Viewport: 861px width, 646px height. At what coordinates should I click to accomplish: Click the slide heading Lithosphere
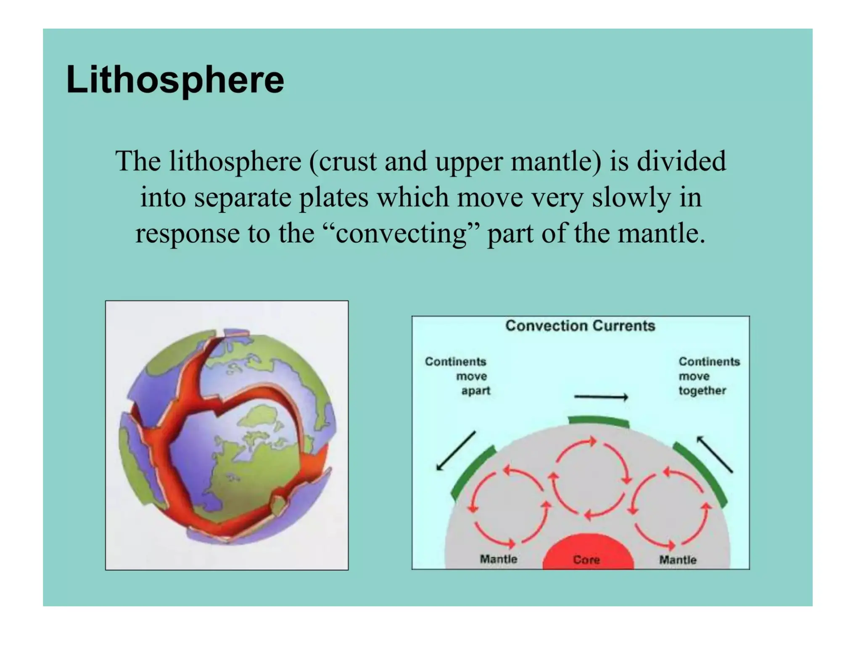tap(175, 80)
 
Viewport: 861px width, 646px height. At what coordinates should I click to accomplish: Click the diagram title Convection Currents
tap(580, 326)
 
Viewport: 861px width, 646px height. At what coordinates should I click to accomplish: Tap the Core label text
tap(586, 560)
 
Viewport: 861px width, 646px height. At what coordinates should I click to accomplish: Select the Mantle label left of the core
tap(499, 559)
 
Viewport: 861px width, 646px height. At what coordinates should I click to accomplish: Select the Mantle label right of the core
tap(678, 560)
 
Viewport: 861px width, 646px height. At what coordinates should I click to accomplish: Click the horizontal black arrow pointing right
tap(601, 397)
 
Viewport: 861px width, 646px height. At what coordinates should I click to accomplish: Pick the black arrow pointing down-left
tap(456, 450)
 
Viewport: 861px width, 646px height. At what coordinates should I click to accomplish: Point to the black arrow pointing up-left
tap(715, 454)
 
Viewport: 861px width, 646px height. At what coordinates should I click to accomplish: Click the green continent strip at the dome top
tap(599, 421)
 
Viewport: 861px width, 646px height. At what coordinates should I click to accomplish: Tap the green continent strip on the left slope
tap(473, 473)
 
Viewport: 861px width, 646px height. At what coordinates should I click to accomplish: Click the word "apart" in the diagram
tap(475, 391)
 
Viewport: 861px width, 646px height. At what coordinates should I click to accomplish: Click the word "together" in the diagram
tap(702, 391)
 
